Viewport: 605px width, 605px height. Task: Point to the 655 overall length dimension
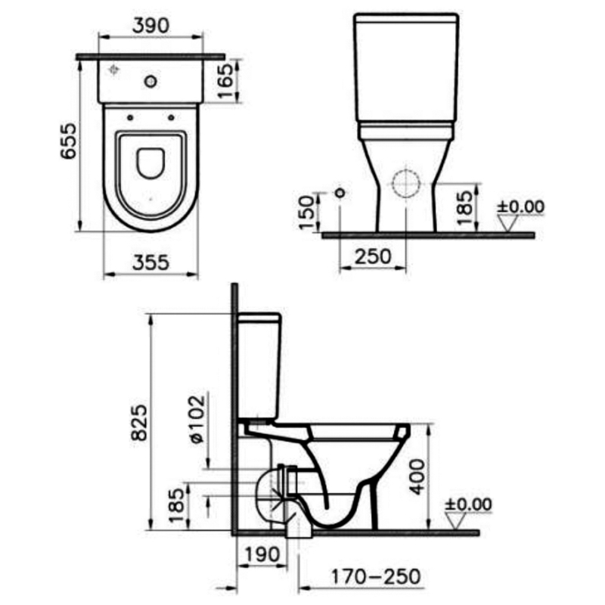pos(69,141)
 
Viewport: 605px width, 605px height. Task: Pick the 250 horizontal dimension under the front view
pos(374,256)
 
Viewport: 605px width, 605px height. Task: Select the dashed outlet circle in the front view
pos(406,184)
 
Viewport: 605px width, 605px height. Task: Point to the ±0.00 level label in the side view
pos(468,504)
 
